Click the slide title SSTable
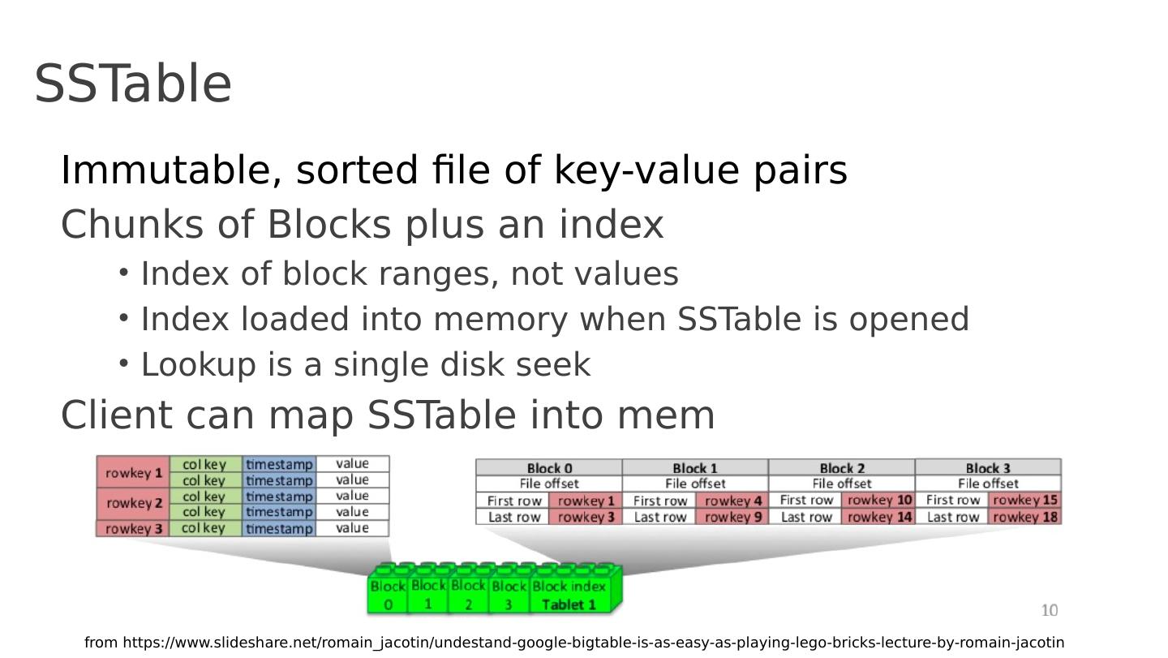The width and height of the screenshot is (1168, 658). click(x=133, y=84)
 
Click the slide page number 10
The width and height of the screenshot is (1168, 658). click(x=1050, y=610)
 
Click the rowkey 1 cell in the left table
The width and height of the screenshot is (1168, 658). click(x=133, y=472)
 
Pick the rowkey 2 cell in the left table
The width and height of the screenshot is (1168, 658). click(x=133, y=503)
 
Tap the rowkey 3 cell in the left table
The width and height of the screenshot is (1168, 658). click(x=133, y=528)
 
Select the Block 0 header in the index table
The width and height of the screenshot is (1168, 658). click(x=549, y=467)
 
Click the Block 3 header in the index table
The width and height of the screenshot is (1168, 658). click(x=988, y=467)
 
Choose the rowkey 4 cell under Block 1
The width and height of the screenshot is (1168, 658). click(x=732, y=501)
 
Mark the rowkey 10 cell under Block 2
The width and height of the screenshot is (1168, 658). click(x=879, y=501)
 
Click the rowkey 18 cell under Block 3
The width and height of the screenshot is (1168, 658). click(x=1025, y=517)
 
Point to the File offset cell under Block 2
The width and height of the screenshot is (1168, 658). click(x=842, y=484)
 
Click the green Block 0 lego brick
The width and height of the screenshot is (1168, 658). click(x=388, y=595)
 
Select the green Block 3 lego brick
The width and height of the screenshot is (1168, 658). click(x=509, y=595)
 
